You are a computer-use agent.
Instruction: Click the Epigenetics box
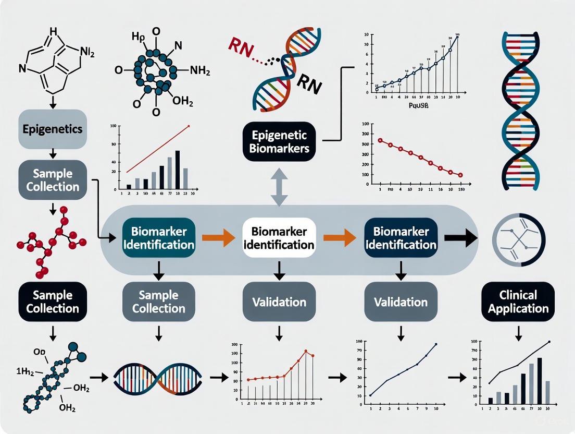(x=52, y=128)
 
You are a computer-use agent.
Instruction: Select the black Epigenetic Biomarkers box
(x=279, y=141)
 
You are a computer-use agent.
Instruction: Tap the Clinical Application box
(x=518, y=302)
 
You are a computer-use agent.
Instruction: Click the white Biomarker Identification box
(x=279, y=238)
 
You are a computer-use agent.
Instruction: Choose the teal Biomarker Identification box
(x=159, y=238)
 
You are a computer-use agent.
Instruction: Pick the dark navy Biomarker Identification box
(x=401, y=238)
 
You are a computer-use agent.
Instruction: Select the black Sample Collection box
(x=52, y=302)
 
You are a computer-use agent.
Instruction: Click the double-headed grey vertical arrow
(x=279, y=191)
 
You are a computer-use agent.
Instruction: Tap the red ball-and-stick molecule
(x=52, y=240)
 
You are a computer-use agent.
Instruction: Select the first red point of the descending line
(x=380, y=140)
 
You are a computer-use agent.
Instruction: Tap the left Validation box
(x=279, y=302)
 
